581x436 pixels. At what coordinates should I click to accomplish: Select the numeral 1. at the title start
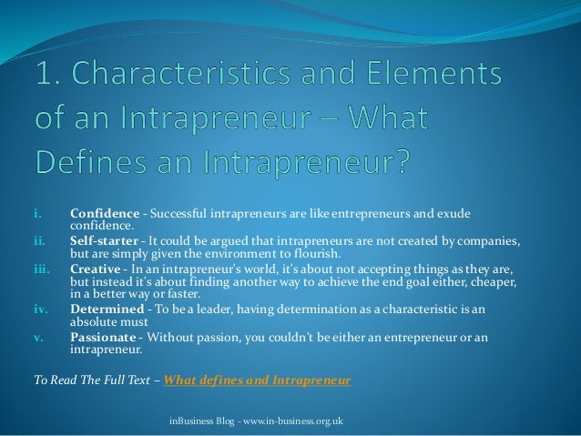coord(49,75)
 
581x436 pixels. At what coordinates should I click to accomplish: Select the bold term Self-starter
coord(104,241)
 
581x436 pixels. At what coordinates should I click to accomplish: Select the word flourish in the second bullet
coord(320,254)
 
